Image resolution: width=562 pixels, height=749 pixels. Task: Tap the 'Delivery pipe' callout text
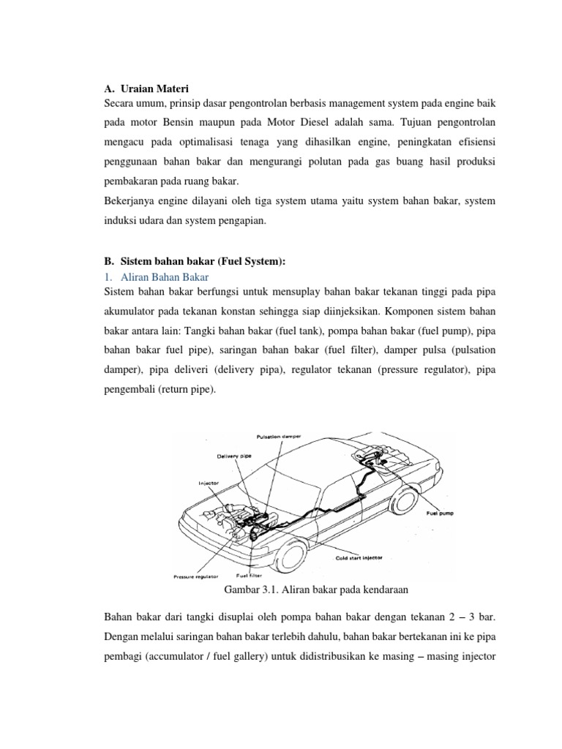[234, 455]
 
